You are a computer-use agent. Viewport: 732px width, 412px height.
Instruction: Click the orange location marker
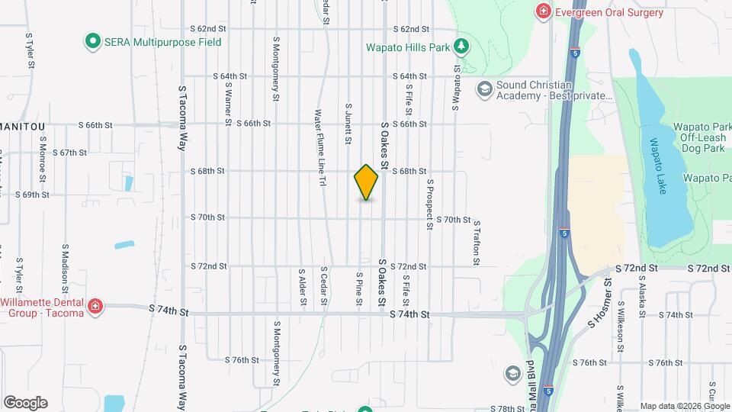pos(366,182)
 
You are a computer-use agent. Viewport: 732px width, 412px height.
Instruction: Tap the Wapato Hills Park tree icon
pos(461,47)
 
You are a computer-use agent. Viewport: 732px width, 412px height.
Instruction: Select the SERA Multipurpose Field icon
pos(93,42)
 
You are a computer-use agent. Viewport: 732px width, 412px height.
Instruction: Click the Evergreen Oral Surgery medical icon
pos(543,11)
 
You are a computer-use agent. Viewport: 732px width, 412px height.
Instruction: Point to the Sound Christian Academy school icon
pos(483,90)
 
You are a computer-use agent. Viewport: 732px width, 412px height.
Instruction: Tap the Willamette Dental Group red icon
pos(95,307)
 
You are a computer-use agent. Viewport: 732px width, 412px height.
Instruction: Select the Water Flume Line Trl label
pos(320,148)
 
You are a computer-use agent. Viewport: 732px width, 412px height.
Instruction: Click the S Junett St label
pos(348,124)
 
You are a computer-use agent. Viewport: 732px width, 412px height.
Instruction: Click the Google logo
pos(25,403)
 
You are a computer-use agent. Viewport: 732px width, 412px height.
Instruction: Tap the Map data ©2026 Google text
pos(685,406)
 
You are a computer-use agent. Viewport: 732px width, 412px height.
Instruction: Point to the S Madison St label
pos(66,264)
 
